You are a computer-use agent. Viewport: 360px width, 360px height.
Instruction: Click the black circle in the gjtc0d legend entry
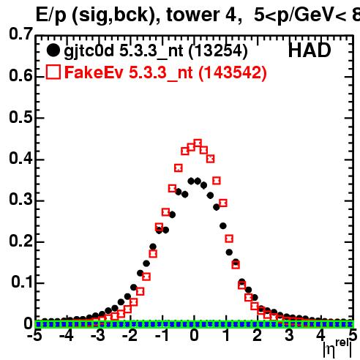(53, 50)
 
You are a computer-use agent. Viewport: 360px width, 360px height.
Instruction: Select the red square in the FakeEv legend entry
(53, 72)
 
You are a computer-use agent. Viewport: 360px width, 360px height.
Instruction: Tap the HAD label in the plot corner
(310, 50)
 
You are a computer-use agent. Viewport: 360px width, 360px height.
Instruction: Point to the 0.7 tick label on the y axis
(20, 34)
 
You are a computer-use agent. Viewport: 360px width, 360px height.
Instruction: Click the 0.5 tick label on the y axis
(20, 117)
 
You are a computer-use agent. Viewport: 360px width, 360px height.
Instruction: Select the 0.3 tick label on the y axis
(20, 199)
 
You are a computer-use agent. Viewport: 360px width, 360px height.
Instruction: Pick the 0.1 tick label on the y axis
(21, 282)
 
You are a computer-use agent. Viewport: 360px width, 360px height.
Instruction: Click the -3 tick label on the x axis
(98, 335)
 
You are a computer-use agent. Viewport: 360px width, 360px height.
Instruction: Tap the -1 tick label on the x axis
(162, 335)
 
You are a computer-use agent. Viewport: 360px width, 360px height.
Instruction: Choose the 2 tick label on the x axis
(258, 335)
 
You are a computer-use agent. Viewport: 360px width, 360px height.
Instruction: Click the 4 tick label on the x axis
(320, 335)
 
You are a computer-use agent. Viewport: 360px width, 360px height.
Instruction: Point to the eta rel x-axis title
(337, 348)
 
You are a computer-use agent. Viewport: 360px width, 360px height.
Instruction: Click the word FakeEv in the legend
(94, 72)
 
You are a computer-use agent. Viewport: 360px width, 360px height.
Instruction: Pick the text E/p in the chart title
(51, 16)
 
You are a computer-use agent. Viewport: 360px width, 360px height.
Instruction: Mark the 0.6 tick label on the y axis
(20, 75)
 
